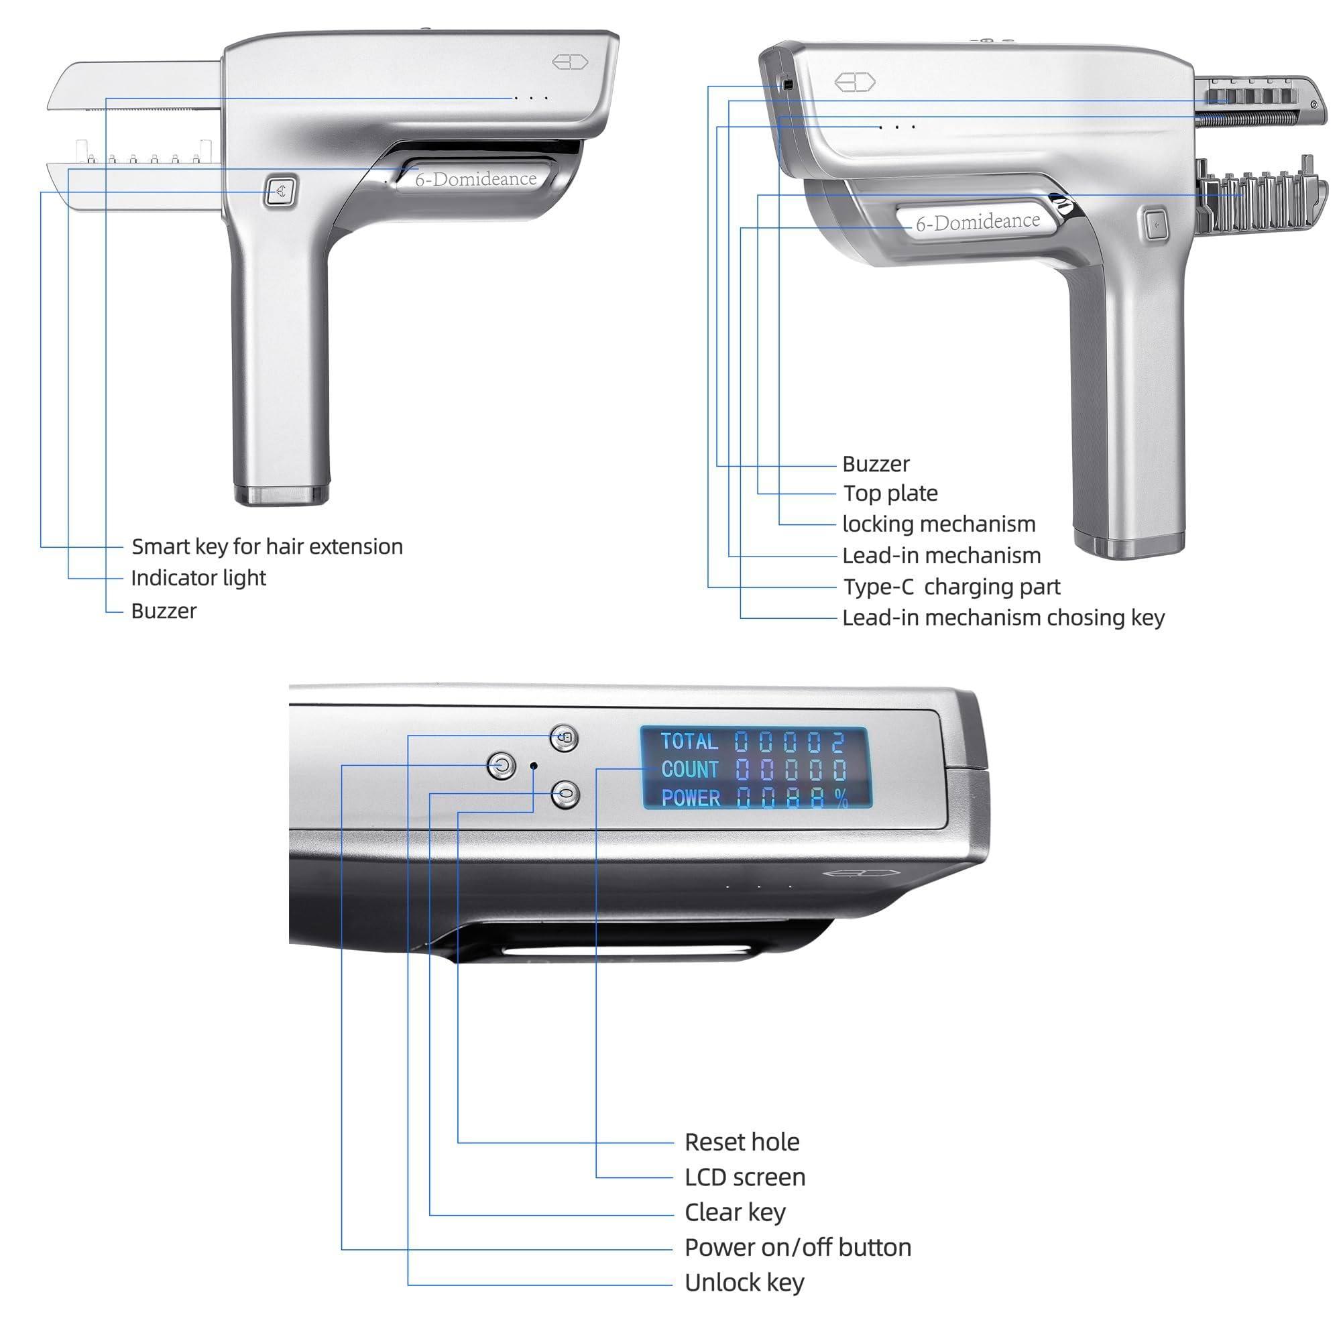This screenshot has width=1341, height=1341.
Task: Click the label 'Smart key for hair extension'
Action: pyautogui.click(x=268, y=547)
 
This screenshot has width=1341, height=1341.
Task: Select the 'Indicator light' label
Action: pyautogui.click(x=198, y=578)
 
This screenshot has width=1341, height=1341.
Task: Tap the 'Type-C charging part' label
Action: pyautogui.click(x=951, y=587)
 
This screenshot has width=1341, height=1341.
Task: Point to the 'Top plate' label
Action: pyautogui.click(x=890, y=493)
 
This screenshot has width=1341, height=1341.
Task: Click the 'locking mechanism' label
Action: pyautogui.click(x=939, y=524)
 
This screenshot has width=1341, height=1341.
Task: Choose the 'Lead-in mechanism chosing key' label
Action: pyautogui.click(x=1004, y=618)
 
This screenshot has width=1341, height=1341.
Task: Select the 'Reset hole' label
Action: pyautogui.click(x=742, y=1142)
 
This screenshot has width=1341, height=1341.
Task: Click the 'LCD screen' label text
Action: pyautogui.click(x=746, y=1177)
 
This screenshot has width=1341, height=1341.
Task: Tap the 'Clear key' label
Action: pyautogui.click(x=735, y=1212)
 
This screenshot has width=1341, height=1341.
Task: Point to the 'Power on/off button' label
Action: pyautogui.click(x=798, y=1247)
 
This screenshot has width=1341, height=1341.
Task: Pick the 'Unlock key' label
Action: pyautogui.click(x=745, y=1283)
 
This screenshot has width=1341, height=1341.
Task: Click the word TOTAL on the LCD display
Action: pyautogui.click(x=689, y=742)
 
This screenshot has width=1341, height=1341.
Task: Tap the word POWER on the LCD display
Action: pyautogui.click(x=691, y=798)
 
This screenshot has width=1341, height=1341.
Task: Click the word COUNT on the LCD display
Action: pyautogui.click(x=690, y=770)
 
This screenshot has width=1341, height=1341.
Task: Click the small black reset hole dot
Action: pyautogui.click(x=534, y=766)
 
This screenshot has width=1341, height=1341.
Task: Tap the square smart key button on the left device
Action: pyautogui.click(x=280, y=191)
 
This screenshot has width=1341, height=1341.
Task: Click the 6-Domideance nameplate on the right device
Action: pyautogui.click(x=978, y=221)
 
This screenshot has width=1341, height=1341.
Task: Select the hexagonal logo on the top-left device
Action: pyautogui.click(x=571, y=62)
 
